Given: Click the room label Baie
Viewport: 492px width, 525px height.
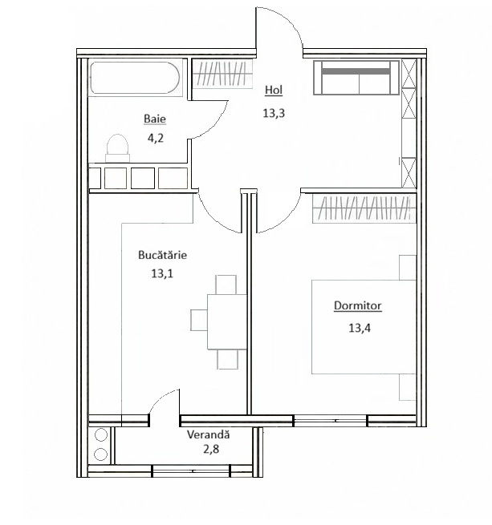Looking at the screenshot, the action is tap(155, 119).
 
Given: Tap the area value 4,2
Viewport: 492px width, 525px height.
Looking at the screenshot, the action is tap(155, 138).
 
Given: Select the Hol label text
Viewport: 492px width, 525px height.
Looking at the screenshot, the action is tap(274, 90).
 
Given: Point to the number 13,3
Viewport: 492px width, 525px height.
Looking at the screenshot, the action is tap(274, 113).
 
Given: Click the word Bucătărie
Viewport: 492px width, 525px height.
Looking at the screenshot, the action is tap(162, 255).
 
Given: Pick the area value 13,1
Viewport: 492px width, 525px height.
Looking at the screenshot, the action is tap(162, 273).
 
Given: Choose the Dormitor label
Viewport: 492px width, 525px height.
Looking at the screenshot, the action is tap(357, 305).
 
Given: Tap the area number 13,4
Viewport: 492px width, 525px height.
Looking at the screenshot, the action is tap(360, 328).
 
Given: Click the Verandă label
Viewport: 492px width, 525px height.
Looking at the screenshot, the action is tap(208, 434).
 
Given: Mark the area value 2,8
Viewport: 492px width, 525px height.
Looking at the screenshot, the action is tap(211, 449).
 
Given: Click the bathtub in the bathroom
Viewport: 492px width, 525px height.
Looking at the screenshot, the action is tap(135, 78).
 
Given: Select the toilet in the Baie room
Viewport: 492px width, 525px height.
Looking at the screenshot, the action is tap(117, 148).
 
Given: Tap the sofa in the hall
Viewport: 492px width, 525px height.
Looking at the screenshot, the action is tap(356, 78).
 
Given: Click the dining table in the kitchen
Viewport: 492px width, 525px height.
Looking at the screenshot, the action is tap(227, 321).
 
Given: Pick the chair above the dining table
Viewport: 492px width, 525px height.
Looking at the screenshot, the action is tap(226, 285).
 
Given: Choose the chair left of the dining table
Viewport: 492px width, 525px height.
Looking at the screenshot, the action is tap(199, 320).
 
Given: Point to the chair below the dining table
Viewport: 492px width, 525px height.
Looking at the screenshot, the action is tap(228, 359).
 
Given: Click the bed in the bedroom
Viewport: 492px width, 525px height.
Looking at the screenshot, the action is tap(364, 327).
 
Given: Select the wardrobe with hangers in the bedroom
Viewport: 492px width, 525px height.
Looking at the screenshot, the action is tap(364, 208).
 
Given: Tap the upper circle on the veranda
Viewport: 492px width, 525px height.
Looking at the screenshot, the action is tap(101, 435).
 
